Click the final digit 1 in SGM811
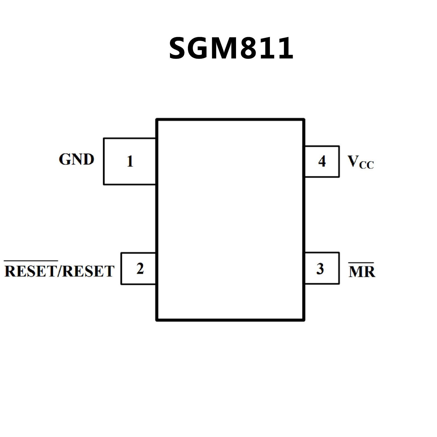(286, 48)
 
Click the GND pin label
(76, 159)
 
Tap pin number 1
(130, 161)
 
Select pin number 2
(140, 268)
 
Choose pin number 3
(320, 269)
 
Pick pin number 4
(322, 161)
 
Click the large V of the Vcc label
(353, 161)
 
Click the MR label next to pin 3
(362, 272)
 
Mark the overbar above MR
(361, 263)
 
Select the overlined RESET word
(31, 271)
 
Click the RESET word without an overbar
(88, 271)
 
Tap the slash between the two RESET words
(60, 271)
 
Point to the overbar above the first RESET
(31, 261)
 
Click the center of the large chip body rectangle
(230, 220)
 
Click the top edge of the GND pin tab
(130, 139)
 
